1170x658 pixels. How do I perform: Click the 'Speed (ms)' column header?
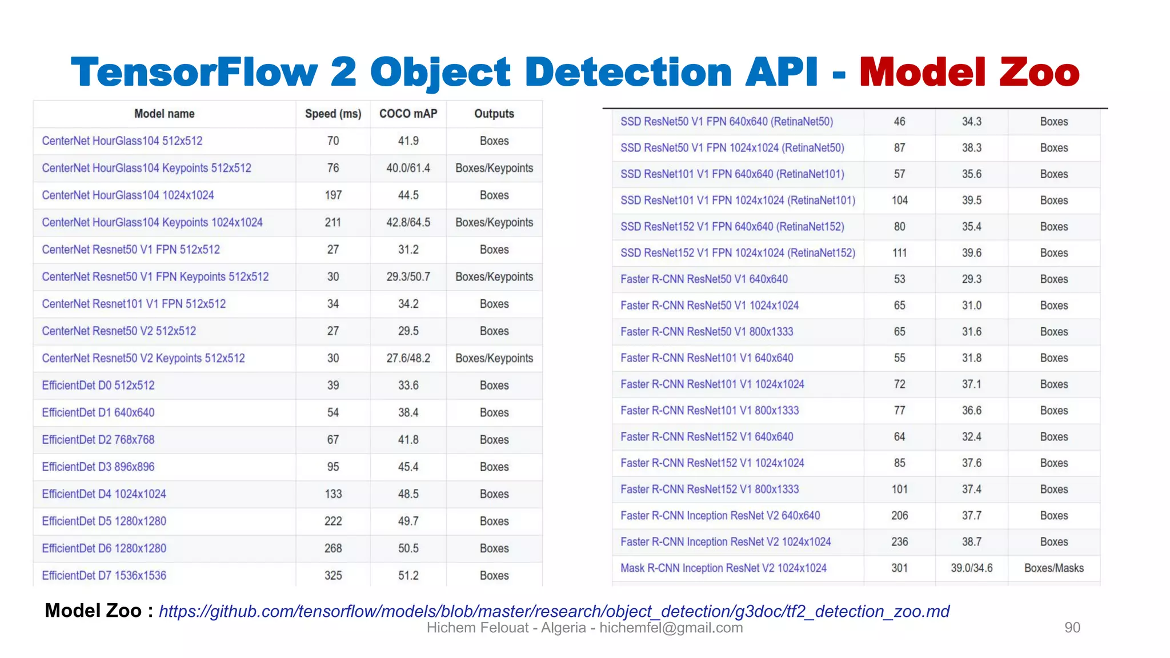pos(333,114)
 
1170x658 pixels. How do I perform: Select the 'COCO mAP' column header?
pos(408,114)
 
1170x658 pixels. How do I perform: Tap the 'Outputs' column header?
pos(494,114)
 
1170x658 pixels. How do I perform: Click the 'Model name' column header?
pos(164,114)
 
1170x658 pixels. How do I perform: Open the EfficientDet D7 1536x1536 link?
pos(104,575)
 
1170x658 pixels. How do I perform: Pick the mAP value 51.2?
pos(408,575)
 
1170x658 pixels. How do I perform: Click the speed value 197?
pos(333,195)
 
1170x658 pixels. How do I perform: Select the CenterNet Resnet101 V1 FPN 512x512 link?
pos(134,304)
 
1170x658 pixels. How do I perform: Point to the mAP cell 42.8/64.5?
pos(408,222)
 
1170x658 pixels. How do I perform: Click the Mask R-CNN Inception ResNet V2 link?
pos(723,568)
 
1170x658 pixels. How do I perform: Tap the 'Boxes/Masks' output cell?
pos(1053,568)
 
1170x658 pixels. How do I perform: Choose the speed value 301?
pos(899,568)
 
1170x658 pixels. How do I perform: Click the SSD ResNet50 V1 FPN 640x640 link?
pos(727,122)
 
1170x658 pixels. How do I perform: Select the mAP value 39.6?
pos(971,253)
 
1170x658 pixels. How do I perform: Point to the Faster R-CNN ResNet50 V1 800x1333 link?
pos(707,332)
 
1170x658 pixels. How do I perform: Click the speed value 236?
pos(899,541)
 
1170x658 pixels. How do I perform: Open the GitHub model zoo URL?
pos(554,611)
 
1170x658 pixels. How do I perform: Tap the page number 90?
pos(1072,627)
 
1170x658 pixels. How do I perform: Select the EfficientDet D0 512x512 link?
pos(98,385)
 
